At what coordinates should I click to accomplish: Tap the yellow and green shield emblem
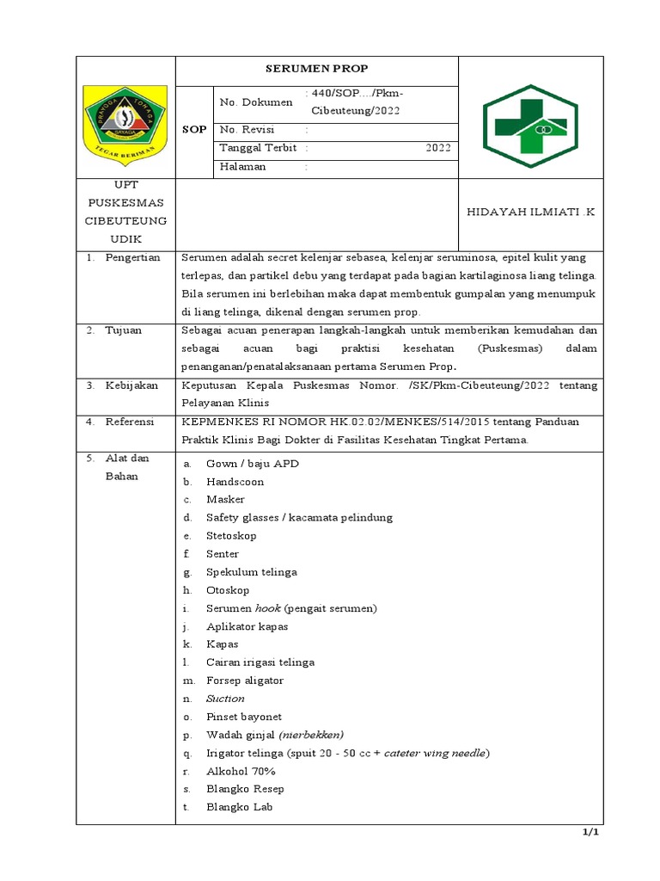pos(125,120)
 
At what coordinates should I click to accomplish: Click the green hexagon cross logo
pos(530,126)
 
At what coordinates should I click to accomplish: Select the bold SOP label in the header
pos(194,129)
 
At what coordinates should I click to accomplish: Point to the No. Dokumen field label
pos(256,102)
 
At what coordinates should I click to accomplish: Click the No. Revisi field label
pos(247,129)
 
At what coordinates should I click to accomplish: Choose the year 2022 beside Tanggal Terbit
pos(437,148)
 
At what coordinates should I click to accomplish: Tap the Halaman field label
pos(243,167)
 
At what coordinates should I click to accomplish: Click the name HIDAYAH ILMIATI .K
pos(530,213)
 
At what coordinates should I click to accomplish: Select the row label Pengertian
pos(132,258)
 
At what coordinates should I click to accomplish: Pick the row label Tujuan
pos(125,330)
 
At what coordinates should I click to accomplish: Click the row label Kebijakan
pos(131,385)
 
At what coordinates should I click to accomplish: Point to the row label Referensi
pos(130,422)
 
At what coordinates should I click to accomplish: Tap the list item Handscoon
pos(235,482)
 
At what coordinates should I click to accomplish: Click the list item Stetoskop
pos(231,536)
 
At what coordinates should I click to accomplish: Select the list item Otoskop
pos(228,590)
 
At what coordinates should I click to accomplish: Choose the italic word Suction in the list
pos(225,699)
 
